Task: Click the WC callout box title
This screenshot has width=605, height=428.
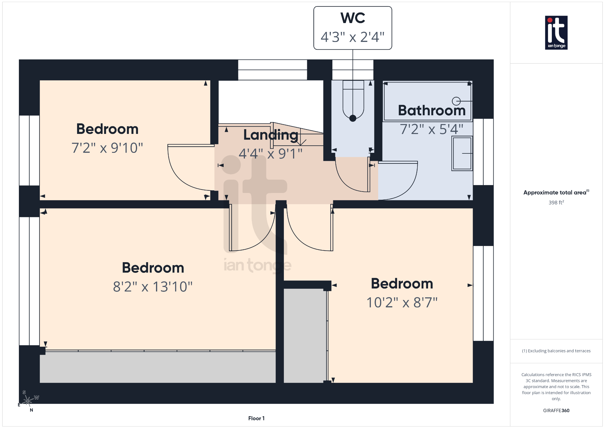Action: (x=353, y=18)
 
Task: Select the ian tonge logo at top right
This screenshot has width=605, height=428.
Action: (x=556, y=33)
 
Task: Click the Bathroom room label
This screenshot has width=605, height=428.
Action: (x=432, y=111)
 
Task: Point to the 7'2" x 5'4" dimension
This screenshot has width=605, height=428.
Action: (x=432, y=129)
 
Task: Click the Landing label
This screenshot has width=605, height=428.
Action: (x=271, y=135)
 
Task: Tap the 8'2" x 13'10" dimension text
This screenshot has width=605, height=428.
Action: (x=153, y=287)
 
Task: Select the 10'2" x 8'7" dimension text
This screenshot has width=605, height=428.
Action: (x=402, y=303)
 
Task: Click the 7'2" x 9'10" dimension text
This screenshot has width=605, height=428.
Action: (x=107, y=148)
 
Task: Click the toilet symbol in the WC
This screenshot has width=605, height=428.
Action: (x=353, y=100)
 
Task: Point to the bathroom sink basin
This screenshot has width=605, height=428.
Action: (x=462, y=153)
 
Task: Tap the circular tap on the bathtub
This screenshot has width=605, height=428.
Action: (x=456, y=101)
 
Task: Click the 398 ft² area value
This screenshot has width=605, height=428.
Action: (x=556, y=202)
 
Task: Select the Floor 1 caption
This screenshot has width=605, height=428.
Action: (x=256, y=418)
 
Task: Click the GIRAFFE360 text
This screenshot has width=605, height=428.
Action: (x=556, y=411)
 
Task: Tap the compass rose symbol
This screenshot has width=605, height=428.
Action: (x=28, y=401)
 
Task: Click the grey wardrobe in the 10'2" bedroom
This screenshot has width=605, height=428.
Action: (x=305, y=335)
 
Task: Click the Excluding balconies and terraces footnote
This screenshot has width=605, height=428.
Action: (x=556, y=351)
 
